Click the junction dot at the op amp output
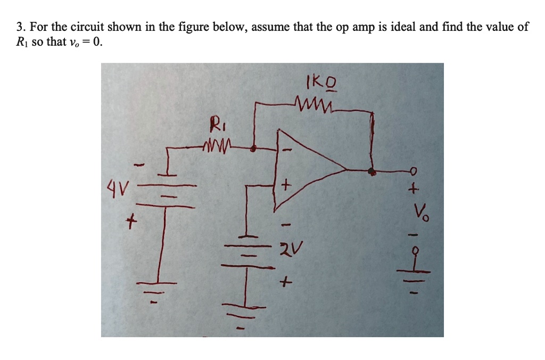373,172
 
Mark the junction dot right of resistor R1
254,150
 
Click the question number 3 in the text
19,28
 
